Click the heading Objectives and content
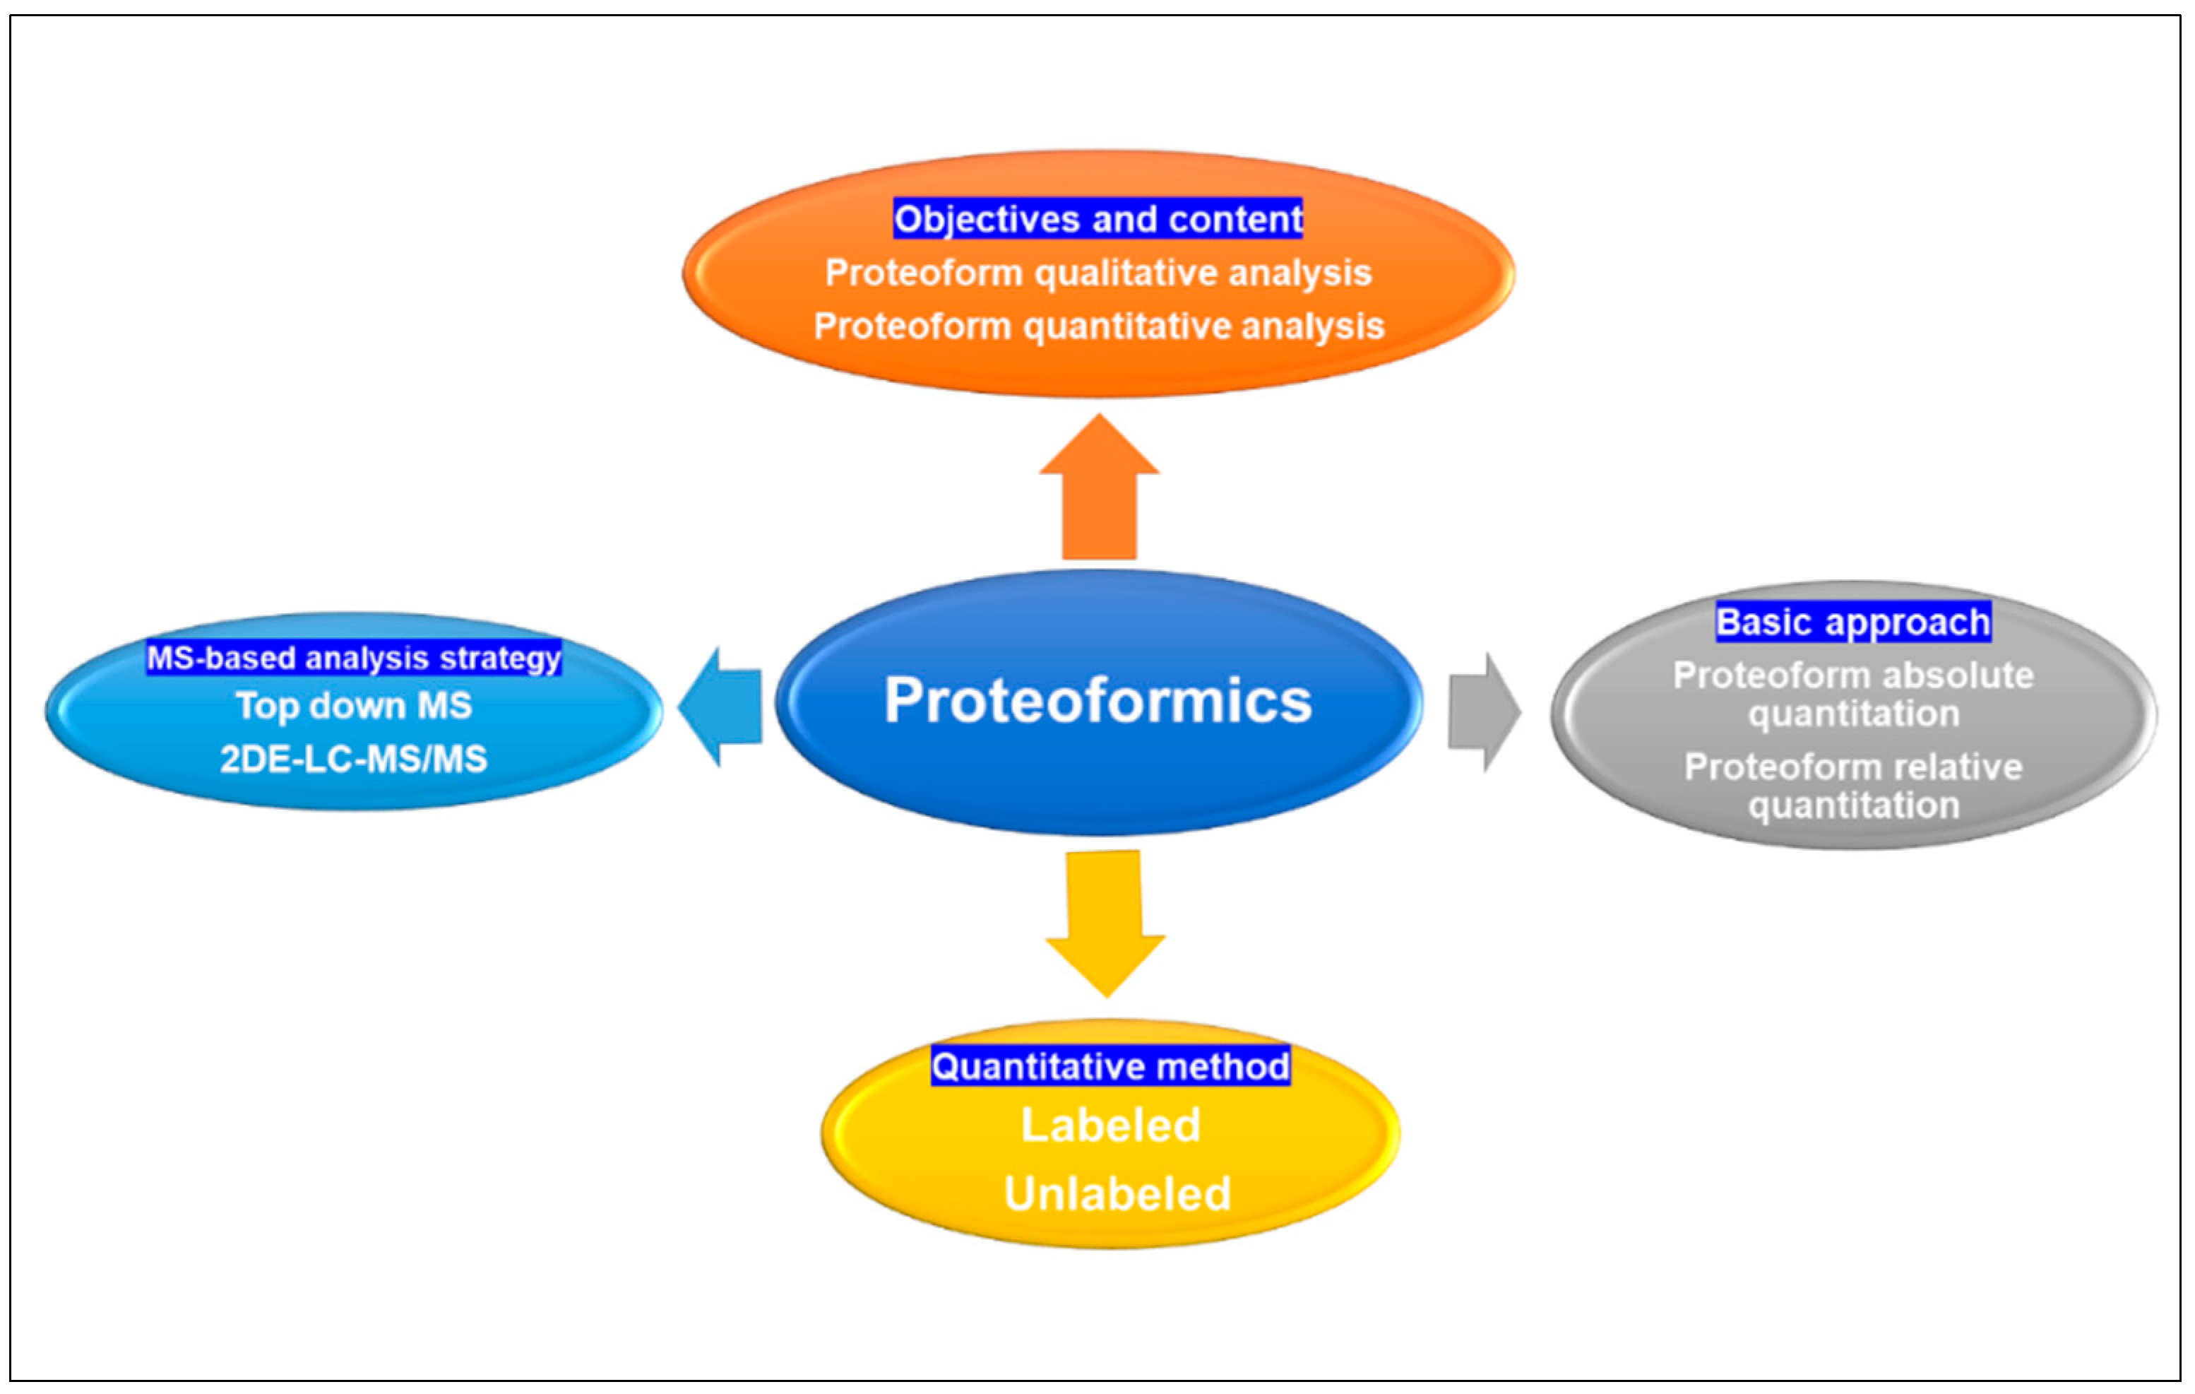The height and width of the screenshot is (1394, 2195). click(1097, 219)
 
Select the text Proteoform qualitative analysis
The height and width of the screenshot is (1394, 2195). click(1097, 273)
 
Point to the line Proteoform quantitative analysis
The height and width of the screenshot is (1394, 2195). click(1097, 326)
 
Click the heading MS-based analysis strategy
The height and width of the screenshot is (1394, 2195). click(354, 657)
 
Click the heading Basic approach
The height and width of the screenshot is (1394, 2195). click(1852, 622)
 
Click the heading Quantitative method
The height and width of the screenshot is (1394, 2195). click(1110, 1065)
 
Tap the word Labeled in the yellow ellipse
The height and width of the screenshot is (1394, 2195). click(1110, 1125)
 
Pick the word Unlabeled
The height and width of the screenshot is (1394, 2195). click(1117, 1193)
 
